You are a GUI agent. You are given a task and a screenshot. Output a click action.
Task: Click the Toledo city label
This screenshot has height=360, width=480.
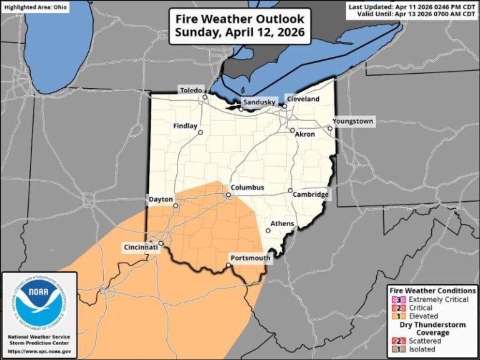pos(192,91)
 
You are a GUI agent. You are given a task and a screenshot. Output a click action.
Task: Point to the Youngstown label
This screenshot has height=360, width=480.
pos(353,121)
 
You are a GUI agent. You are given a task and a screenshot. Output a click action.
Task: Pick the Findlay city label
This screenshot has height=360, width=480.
pos(185,126)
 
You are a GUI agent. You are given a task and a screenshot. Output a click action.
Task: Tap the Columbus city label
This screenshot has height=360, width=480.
pos(247,187)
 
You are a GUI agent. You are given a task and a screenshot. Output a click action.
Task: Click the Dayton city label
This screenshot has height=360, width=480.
pos(160,199)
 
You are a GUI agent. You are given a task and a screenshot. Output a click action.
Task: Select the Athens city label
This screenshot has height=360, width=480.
pos(282,223)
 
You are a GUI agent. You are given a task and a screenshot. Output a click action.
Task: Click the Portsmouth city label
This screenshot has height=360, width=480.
pos(250,258)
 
